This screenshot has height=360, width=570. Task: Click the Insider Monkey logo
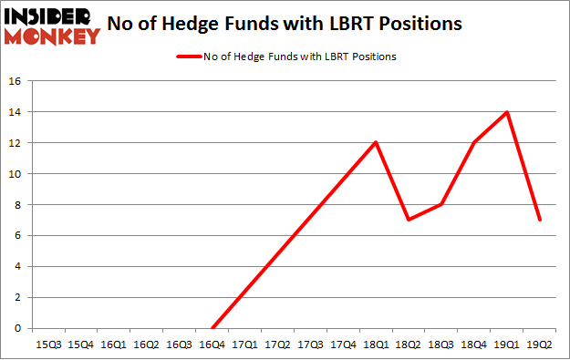pos(52,25)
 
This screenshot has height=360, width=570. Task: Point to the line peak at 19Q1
pos(506,112)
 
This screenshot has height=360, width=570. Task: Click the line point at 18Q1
pos(376,142)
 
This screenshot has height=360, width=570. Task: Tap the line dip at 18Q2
pos(409,220)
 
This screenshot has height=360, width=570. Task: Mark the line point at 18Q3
pos(441,204)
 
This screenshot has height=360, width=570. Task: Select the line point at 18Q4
pos(474,142)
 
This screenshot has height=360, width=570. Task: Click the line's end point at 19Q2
pos(539,220)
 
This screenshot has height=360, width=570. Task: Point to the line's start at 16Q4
pos(212,328)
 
